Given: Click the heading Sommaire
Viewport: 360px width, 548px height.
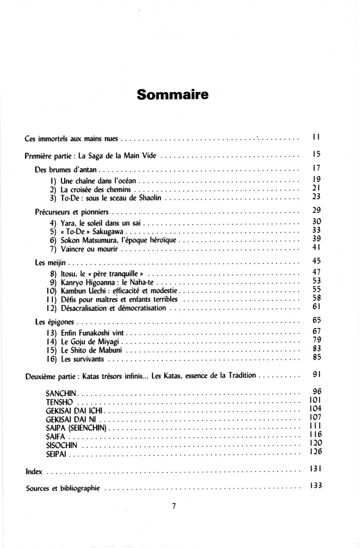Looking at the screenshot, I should pyautogui.click(x=172, y=95).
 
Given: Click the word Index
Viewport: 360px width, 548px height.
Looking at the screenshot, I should pyautogui.click(x=34, y=472).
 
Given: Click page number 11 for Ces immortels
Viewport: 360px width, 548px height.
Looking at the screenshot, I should pyautogui.click(x=316, y=138).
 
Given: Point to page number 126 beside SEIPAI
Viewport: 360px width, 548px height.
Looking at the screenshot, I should pyautogui.click(x=315, y=452).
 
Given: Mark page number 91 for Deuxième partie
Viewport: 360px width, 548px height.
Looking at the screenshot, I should pyautogui.click(x=316, y=375).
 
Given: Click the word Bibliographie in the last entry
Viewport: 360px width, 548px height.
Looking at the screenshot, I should pyautogui.click(x=80, y=489).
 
